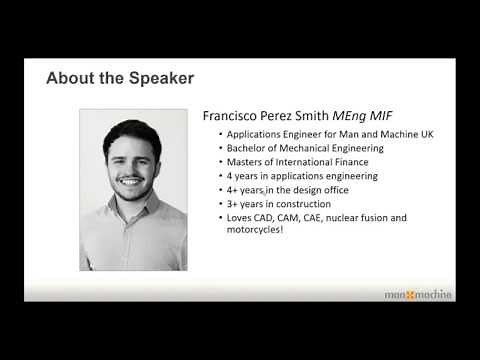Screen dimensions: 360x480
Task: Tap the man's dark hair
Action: pos(130,131)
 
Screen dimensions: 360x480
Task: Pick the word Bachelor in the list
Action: pos(247,148)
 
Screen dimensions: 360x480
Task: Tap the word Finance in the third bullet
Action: pos(347,162)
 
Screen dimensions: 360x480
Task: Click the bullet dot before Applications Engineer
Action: pos(220,134)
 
